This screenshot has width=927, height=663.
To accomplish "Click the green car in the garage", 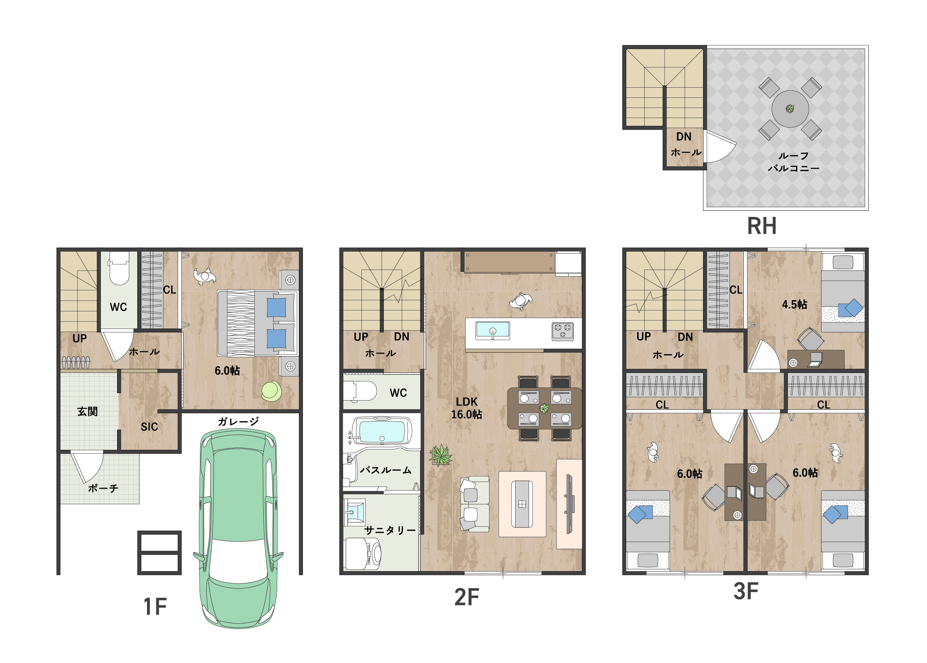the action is click(x=238, y=529).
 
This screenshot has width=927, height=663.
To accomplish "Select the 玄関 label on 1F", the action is click(x=87, y=411).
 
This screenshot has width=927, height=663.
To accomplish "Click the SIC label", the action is click(x=149, y=427).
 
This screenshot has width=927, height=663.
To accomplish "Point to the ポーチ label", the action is click(x=103, y=488).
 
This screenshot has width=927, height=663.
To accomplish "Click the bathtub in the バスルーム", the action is click(x=382, y=431).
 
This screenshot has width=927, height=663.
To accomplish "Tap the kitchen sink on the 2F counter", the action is click(x=492, y=330).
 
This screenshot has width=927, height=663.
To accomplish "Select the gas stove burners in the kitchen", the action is click(x=563, y=331).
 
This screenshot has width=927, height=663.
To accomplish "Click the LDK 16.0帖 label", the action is click(x=467, y=408).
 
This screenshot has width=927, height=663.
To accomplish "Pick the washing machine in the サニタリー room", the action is click(x=363, y=554).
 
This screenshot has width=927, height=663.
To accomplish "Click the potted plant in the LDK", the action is click(x=441, y=455).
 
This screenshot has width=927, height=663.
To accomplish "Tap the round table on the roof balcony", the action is click(x=790, y=109).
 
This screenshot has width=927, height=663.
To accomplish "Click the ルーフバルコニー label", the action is click(x=793, y=162).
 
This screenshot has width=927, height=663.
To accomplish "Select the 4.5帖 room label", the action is click(x=794, y=305).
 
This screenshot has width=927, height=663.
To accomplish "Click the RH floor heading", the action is click(x=761, y=226).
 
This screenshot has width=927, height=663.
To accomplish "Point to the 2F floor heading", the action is click(x=467, y=597).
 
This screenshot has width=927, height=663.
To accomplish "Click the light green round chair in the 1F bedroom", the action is click(x=272, y=391).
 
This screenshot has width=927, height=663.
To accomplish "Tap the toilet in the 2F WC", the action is click(x=360, y=391).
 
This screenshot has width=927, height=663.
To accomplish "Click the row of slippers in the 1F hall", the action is click(x=76, y=362).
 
